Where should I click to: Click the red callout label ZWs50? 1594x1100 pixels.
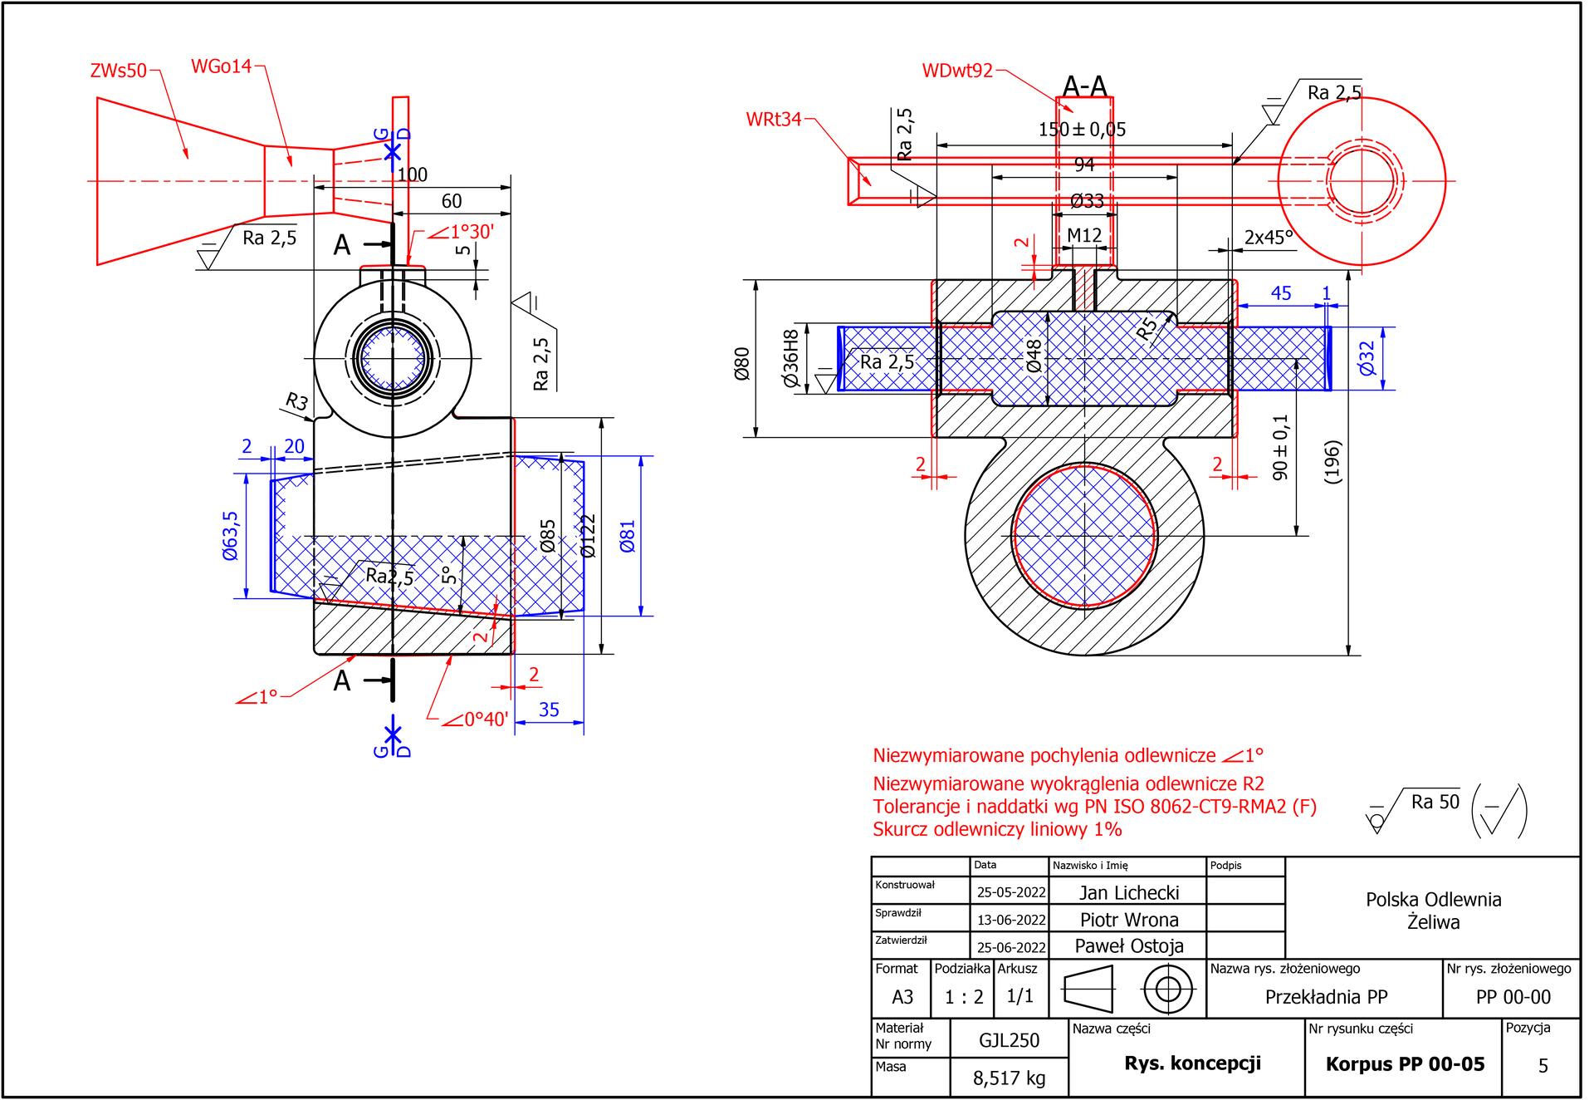pyautogui.click(x=118, y=71)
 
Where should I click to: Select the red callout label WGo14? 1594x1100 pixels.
pyautogui.click(x=221, y=66)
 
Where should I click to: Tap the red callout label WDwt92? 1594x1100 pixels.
pyautogui.click(x=957, y=71)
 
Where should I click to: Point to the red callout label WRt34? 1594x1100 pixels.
pyautogui.click(x=774, y=120)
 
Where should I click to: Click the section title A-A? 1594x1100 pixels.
pyautogui.click(x=1085, y=86)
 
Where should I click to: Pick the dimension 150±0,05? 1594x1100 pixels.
pyautogui.click(x=1082, y=130)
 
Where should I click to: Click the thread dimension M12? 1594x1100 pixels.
pyautogui.click(x=1084, y=235)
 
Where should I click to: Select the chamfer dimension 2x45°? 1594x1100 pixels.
pyautogui.click(x=1269, y=238)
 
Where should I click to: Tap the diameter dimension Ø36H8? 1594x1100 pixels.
pyautogui.click(x=790, y=358)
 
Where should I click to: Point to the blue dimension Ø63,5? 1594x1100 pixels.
pyautogui.click(x=230, y=536)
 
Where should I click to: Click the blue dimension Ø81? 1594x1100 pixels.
pyautogui.click(x=628, y=536)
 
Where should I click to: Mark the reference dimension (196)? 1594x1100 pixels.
pyautogui.click(x=1332, y=462)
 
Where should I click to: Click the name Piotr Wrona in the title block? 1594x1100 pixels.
pyautogui.click(x=1129, y=920)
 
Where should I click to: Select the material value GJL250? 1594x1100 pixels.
pyautogui.click(x=1009, y=1040)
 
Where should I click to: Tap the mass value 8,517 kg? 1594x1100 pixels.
pyautogui.click(x=1009, y=1078)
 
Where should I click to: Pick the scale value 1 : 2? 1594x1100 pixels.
pyautogui.click(x=963, y=996)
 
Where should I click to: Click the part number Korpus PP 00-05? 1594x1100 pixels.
pyautogui.click(x=1405, y=1064)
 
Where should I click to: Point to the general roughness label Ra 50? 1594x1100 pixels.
pyautogui.click(x=1435, y=802)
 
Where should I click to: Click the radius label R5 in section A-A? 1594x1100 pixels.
pyautogui.click(x=1147, y=329)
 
